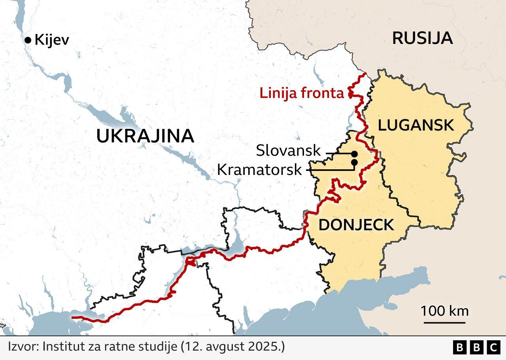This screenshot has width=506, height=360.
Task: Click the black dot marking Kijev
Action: (28, 40)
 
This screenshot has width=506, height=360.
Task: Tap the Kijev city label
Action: (52, 40)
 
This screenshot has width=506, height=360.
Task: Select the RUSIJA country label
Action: (422, 38)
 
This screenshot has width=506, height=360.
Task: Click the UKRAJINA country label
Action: (145, 136)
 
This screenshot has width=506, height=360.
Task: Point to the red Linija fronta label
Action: (302, 94)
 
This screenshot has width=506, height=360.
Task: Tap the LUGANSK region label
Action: (416, 125)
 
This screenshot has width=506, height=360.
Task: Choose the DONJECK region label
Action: (356, 225)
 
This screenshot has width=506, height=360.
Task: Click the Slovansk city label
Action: (288, 151)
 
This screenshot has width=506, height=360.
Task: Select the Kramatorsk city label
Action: (259, 170)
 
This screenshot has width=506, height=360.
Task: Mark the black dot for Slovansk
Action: (354, 154)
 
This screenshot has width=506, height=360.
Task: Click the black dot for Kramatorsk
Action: (354, 162)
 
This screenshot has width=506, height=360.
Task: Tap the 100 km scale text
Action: (444, 311)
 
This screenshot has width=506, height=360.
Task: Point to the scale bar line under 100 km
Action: (444, 322)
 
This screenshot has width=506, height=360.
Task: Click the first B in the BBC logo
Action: (459, 347)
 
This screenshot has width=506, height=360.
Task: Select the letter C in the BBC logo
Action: (493, 347)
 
